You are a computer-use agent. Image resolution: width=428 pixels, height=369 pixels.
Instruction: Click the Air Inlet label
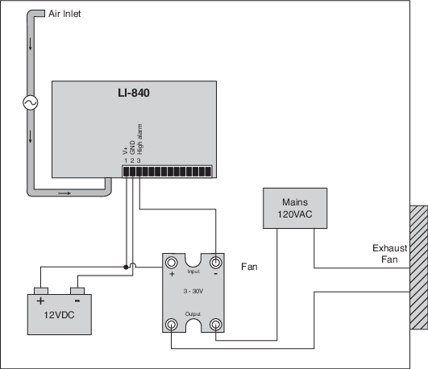click(x=64, y=14)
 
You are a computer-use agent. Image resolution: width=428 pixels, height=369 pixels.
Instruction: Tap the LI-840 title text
click(x=134, y=93)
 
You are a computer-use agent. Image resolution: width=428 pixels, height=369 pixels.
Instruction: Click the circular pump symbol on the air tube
click(x=31, y=102)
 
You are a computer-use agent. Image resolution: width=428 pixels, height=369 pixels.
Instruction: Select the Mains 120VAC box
click(x=295, y=208)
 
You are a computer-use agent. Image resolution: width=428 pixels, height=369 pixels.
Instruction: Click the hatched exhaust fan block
click(x=418, y=267)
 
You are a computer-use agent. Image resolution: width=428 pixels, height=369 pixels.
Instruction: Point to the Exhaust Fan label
click(x=389, y=254)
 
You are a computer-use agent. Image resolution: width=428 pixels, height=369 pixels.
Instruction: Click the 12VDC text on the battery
click(x=59, y=315)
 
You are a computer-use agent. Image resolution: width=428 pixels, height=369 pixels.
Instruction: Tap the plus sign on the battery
click(x=40, y=301)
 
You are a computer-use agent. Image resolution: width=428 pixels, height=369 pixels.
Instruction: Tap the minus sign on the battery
click(x=77, y=301)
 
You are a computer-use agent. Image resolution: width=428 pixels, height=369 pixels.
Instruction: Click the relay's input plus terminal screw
click(x=171, y=263)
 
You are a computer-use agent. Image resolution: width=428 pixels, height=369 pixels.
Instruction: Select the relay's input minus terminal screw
click(x=216, y=263)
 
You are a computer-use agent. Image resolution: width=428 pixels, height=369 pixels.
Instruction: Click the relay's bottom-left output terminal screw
click(x=171, y=325)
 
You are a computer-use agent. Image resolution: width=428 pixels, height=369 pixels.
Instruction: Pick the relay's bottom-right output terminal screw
click(x=216, y=325)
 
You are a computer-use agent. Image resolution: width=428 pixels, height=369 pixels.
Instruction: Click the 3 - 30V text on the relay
click(x=193, y=291)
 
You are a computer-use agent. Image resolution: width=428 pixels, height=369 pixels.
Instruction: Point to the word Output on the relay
click(x=193, y=314)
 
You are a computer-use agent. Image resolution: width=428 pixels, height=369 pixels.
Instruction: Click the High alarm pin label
click(x=139, y=139)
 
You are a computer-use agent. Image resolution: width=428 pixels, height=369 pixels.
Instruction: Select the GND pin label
click(x=132, y=147)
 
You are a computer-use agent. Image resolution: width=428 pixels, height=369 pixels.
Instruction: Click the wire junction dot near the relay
click(x=126, y=267)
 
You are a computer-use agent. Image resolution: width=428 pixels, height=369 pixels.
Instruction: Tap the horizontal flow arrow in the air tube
click(x=64, y=193)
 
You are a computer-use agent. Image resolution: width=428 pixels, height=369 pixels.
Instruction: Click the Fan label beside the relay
click(x=249, y=267)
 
